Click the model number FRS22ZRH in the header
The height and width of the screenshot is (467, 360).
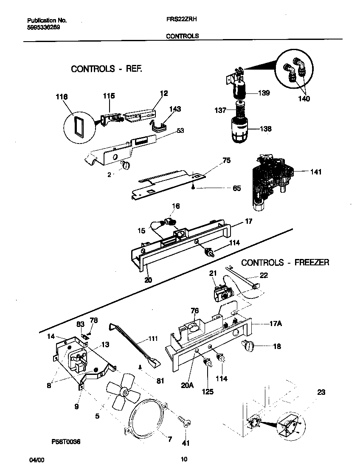point(182,20)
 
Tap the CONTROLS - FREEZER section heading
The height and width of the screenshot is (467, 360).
point(285,262)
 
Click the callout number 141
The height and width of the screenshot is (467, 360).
point(316,172)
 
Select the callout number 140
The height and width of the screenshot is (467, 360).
point(304,99)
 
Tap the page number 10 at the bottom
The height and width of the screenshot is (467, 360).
point(183,459)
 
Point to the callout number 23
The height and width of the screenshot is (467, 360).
point(321,392)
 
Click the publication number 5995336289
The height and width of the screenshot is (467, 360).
point(43,27)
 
